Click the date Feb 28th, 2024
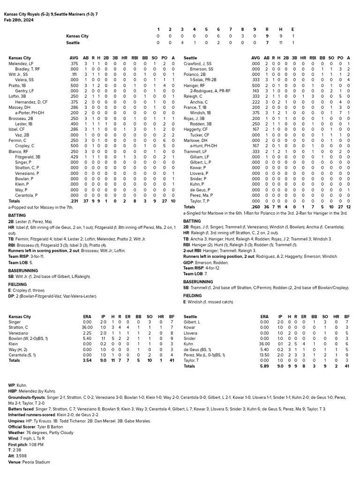coord(19,20)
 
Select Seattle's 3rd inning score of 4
coord(182,43)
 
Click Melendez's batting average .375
coord(74,63)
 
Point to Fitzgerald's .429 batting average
coord(74,157)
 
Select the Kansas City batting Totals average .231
coord(74,201)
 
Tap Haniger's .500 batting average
coord(255,86)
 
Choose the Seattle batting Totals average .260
coord(255,207)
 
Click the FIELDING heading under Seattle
coord(192,296)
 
